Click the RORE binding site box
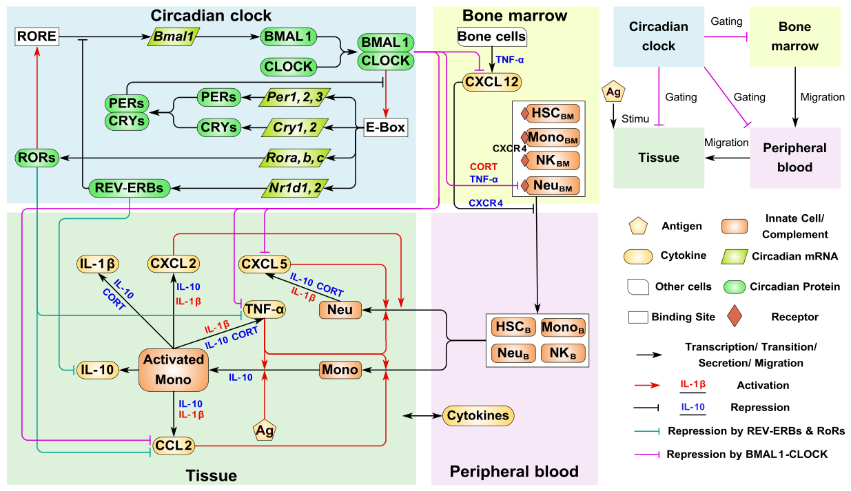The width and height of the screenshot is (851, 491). click(x=37, y=36)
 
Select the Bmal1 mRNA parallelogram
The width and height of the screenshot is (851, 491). click(x=174, y=36)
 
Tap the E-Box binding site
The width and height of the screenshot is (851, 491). click(x=386, y=127)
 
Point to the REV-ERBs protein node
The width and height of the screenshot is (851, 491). click(x=129, y=188)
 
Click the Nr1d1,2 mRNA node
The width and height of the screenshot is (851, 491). click(x=295, y=188)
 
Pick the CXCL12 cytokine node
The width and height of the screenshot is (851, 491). click(x=492, y=82)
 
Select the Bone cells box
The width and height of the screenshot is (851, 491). click(x=491, y=36)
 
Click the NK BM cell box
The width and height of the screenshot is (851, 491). click(x=553, y=160)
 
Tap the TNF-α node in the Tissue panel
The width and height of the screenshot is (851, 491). click(x=264, y=309)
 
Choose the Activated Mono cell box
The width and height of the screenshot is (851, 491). click(x=174, y=370)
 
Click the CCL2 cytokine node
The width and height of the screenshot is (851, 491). click(x=174, y=446)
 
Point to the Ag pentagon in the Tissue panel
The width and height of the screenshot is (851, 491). click(x=265, y=430)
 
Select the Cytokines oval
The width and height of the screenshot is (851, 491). click(x=478, y=416)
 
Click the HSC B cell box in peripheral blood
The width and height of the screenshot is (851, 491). click(x=513, y=327)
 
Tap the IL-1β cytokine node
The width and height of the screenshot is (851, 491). click(x=98, y=264)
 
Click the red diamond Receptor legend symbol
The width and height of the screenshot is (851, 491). click(x=735, y=316)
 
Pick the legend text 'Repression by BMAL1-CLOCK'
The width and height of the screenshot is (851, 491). click(x=747, y=455)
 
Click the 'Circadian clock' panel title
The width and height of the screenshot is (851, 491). click(x=211, y=16)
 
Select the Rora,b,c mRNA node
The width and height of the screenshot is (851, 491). click(x=295, y=158)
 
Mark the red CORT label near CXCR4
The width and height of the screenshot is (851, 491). click(x=483, y=167)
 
